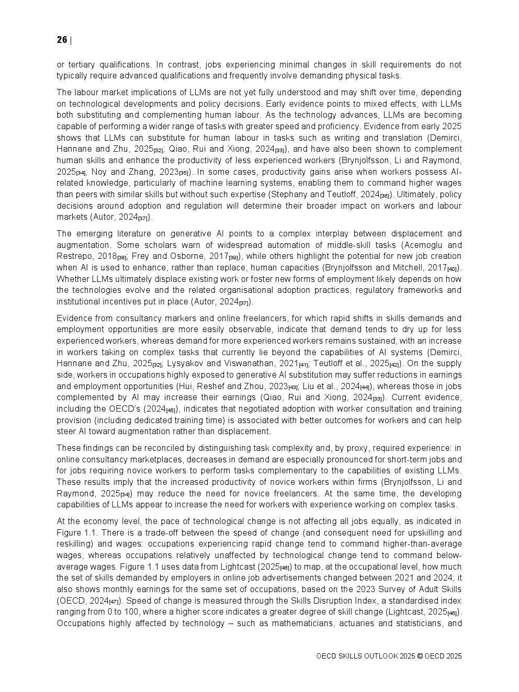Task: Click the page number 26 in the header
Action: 62,40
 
